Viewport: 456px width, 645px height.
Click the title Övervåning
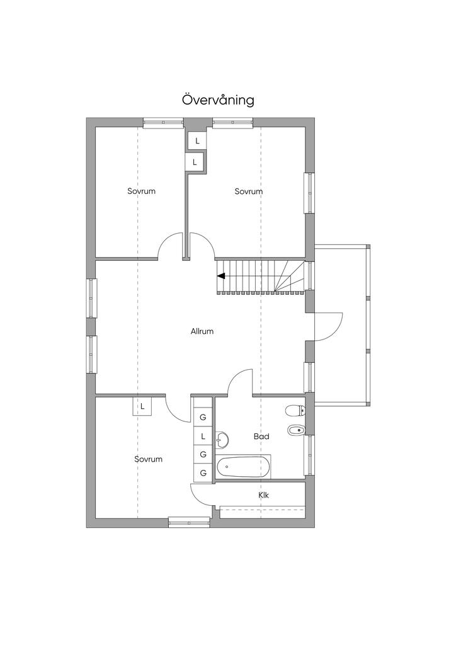[x=218, y=100]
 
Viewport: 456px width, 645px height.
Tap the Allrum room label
[x=202, y=331]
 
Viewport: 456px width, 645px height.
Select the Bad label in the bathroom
[x=261, y=436]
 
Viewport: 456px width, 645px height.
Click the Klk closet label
[x=263, y=495]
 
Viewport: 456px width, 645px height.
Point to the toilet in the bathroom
[x=295, y=410]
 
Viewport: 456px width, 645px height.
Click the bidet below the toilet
[x=296, y=430]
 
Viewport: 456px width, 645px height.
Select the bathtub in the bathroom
[x=244, y=467]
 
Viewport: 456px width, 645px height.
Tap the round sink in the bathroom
[x=222, y=440]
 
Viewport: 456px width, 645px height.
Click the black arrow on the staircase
[x=221, y=276]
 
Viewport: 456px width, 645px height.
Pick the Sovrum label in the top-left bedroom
[x=142, y=191]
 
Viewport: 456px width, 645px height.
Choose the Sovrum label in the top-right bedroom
[x=249, y=191]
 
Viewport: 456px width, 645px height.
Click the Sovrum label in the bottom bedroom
[x=149, y=459]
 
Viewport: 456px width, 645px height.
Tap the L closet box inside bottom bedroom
[x=142, y=406]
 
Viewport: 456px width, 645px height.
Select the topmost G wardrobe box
[x=203, y=417]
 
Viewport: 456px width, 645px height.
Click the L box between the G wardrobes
[x=203, y=436]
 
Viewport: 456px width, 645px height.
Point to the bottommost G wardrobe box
[x=203, y=472]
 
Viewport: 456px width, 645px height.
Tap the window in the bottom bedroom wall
[x=190, y=523]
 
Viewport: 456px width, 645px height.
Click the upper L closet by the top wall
[x=197, y=140]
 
